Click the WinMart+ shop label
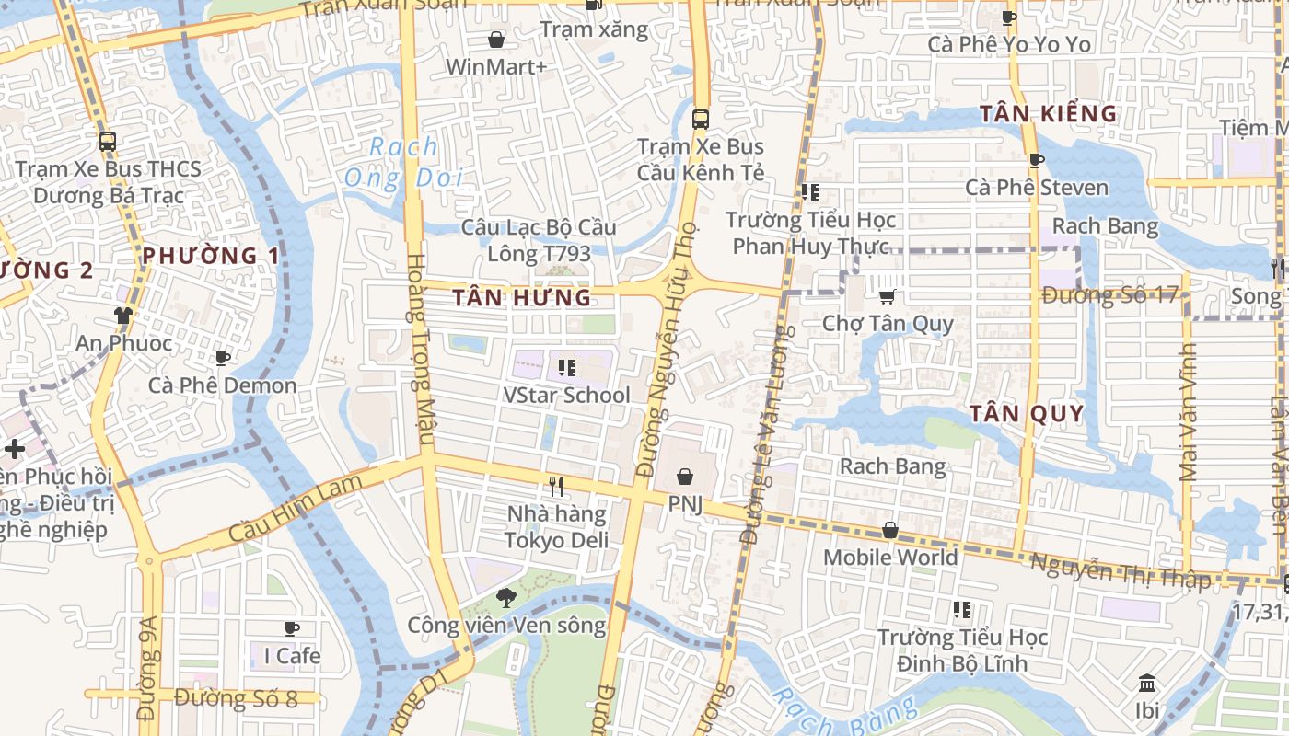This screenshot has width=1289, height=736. [496, 67]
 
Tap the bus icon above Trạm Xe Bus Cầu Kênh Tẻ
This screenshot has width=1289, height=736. [701, 119]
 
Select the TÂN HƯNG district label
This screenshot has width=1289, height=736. [522, 297]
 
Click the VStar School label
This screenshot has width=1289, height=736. [566, 396]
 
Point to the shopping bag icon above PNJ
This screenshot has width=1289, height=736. [685, 477]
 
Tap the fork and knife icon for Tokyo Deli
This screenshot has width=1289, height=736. [556, 487]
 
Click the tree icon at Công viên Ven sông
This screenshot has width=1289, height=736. [505, 598]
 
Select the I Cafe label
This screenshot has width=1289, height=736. [292, 656]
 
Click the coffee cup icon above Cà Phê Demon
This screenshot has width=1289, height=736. [222, 358]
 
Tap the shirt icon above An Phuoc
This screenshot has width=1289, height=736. [123, 316]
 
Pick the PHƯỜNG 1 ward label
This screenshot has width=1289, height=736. [211, 256]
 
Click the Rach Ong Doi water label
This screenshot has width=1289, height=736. [403, 161]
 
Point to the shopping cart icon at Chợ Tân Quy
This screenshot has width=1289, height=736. [888, 296]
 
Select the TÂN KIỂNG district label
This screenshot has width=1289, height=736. [1048, 114]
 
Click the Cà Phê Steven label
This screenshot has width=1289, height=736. [1037, 188]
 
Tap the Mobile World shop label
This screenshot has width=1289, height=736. [889, 558]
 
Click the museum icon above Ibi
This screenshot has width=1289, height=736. [1147, 684]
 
